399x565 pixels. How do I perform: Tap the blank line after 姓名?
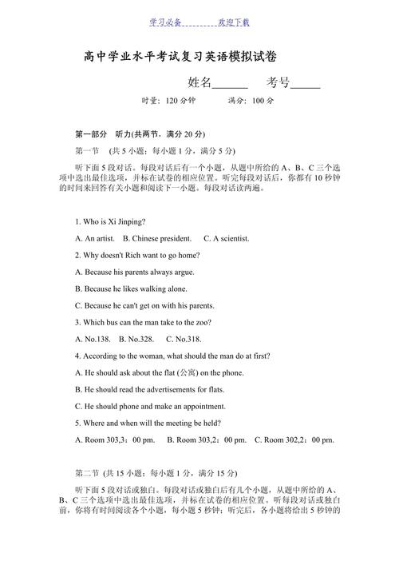tap(231, 83)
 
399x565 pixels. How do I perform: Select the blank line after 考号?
tap(305, 83)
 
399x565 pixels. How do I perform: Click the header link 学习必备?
tap(165, 22)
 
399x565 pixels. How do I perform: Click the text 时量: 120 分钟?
tap(168, 101)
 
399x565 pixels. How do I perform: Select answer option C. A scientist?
tap(227, 238)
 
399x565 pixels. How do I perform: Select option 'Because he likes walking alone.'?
tap(131, 288)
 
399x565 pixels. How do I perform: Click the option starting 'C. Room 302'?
tap(294, 440)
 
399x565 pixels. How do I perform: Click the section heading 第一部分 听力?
tap(140, 133)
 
